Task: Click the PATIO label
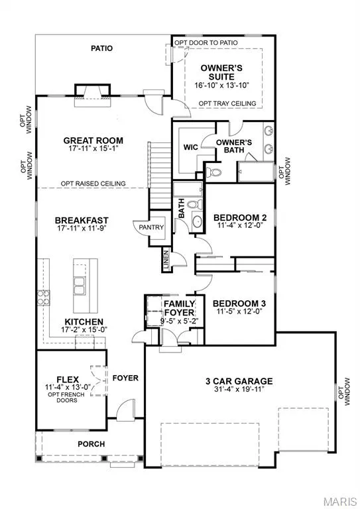[x=101, y=48]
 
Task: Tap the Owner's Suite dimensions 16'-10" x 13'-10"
[x=221, y=85]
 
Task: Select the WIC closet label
[x=190, y=147]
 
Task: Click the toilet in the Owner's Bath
[x=213, y=172]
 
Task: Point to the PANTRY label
[x=151, y=227]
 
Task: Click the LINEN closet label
[x=166, y=260]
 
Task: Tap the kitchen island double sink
[x=79, y=286]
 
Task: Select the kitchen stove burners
[x=43, y=298]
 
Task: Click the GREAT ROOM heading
[x=93, y=141]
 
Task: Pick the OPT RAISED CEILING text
[x=93, y=184]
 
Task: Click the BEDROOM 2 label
[x=240, y=217]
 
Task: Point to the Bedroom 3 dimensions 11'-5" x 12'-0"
[x=239, y=311]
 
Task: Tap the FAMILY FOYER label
[x=179, y=308]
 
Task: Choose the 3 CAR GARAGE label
[x=239, y=381]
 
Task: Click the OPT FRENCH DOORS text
[x=66, y=398]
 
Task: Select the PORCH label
[x=91, y=444]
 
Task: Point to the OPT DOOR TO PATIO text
[x=206, y=42]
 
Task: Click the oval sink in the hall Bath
[x=198, y=221]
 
